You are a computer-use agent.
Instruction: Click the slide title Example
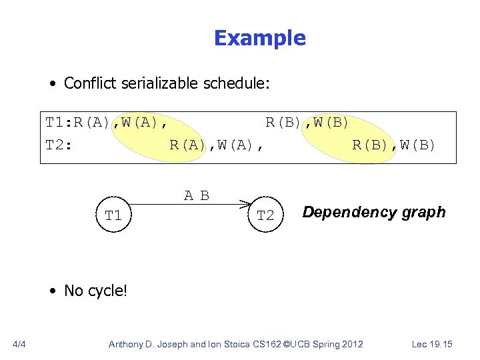259,38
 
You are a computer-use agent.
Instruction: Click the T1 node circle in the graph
113,215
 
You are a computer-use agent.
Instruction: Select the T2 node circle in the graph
265,215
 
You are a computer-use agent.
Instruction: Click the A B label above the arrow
197,195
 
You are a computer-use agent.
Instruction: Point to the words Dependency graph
373,212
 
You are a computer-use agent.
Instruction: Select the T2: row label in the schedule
58,144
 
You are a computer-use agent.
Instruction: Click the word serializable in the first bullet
155,83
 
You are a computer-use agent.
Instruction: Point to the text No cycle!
95,290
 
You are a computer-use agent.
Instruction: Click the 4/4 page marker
19,344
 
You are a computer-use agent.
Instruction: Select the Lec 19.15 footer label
432,344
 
